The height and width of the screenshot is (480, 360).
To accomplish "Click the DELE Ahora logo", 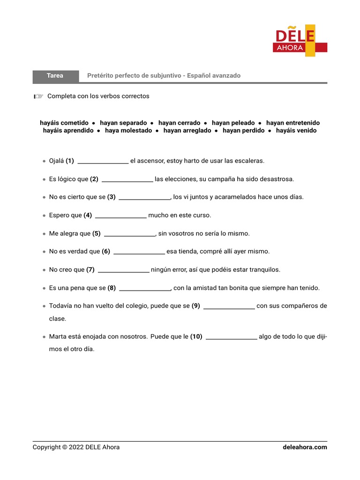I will pos(300,42).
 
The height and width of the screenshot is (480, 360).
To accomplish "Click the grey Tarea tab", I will pos(55,75).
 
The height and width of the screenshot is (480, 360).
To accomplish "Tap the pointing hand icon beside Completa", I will pos(38,97).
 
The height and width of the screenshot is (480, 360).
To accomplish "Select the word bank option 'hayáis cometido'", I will pos(64,123).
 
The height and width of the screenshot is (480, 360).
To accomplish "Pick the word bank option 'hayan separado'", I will pos(123,123).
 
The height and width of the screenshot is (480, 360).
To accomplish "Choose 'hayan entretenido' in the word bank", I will pos(293,123).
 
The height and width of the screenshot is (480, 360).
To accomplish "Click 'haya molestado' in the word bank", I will pos(128,131).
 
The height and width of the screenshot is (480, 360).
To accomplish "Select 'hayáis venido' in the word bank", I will pos(296,131).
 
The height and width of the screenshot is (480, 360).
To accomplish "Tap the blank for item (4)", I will pos(121,216).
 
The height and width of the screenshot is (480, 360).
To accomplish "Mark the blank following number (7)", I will pos(124,270).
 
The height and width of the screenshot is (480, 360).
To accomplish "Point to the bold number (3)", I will pos(112,197).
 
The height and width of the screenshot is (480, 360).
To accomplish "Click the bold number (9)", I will pos(196,306).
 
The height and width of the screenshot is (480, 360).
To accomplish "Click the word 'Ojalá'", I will pos(57,161).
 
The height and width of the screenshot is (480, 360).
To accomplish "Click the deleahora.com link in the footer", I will pos(305,447).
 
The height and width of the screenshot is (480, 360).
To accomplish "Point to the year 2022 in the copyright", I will pos(75,447).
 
